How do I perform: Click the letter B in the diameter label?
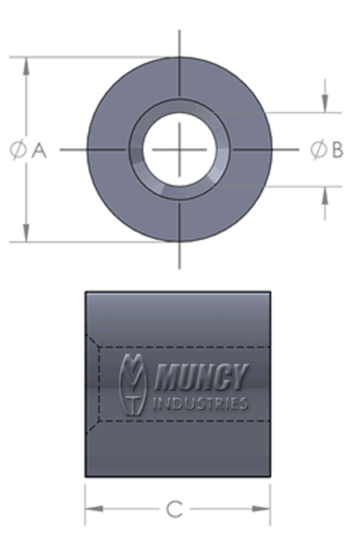pos(337,149)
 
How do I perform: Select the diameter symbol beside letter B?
pos(318,149)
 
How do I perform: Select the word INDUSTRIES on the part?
pos(199,403)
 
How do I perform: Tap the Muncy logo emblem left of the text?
pos(133,384)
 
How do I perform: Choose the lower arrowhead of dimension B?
pos(324,196)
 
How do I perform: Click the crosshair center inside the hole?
pos(179,149)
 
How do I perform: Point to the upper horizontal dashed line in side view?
pos(184,346)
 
